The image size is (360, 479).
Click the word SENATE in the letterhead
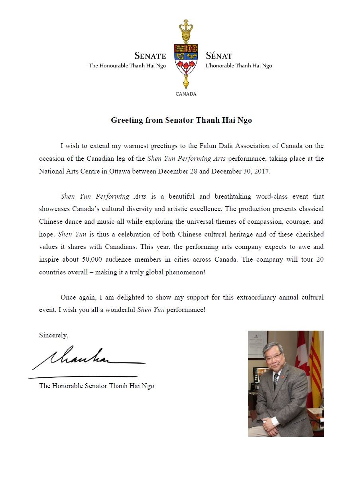pyautogui.click(x=150, y=56)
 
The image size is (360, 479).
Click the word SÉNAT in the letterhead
pyautogui.click(x=219, y=56)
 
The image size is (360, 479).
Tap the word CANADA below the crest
pyautogui.click(x=186, y=94)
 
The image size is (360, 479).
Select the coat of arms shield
pyautogui.click(x=186, y=59)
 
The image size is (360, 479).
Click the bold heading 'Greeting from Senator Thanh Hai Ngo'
pyautogui.click(x=181, y=120)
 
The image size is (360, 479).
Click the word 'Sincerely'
pyautogui.click(x=53, y=335)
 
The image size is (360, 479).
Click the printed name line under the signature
pyautogui.click(x=96, y=386)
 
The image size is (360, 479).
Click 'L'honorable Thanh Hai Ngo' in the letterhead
pyautogui.click(x=239, y=66)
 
